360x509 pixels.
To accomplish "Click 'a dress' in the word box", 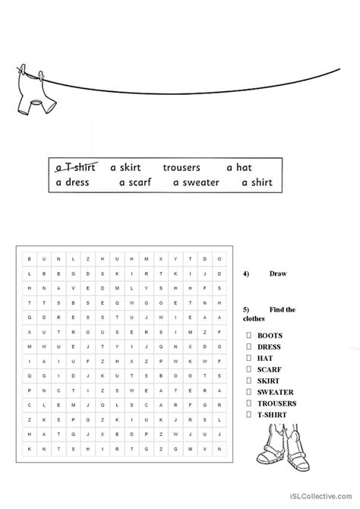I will pos(72,182).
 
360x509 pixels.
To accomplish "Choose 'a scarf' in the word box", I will pos(137,182).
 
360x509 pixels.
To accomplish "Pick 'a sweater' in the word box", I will pos(196,182).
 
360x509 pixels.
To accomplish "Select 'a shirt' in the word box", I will pos(257,182).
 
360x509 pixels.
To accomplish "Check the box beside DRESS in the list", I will pos(249,346).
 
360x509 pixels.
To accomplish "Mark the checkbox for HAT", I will pos(249,358).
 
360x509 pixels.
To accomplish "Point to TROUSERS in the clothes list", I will pos(276,403).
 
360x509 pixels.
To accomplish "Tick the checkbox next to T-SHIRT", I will pos(249,415).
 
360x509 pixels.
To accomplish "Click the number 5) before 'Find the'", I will pos(246,310).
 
